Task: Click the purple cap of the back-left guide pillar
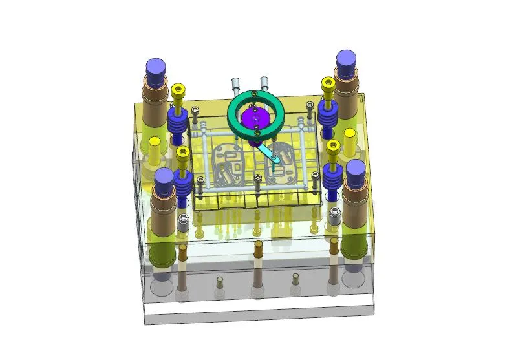(156, 69)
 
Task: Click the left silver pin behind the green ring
(236, 85)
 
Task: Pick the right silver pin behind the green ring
(264, 82)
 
